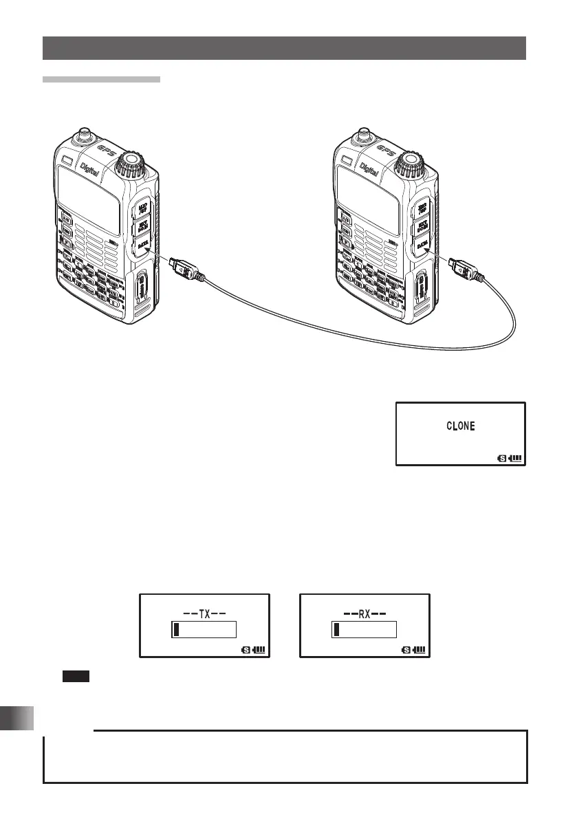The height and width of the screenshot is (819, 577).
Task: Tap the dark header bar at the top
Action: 284,48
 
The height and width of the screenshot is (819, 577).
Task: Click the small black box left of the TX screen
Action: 72,678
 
